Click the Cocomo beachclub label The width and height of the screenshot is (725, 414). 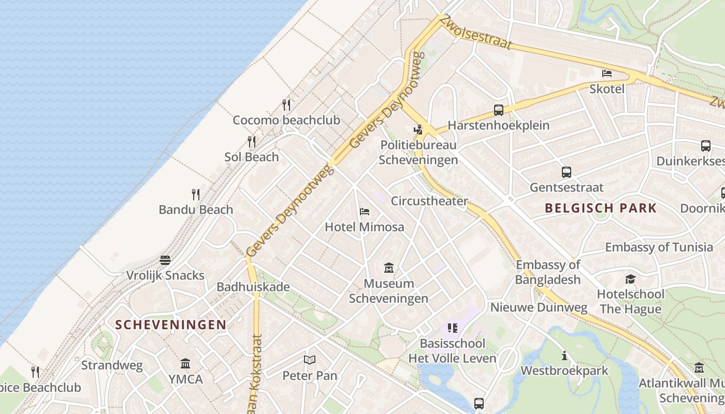click(x=286, y=120)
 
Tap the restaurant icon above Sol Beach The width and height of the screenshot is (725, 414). click(x=252, y=142)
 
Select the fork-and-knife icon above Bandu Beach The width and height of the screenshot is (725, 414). click(x=196, y=195)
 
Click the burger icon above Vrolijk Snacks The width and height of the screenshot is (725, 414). click(x=165, y=260)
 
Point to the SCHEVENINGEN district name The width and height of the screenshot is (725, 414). click(x=171, y=325)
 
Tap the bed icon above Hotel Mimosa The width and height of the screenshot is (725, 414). click(x=365, y=212)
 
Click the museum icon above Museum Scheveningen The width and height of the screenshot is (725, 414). click(x=389, y=268)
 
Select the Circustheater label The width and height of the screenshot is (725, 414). click(x=429, y=201)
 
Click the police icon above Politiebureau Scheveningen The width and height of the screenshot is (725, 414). click(x=418, y=129)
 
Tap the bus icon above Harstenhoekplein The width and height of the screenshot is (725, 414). click(x=499, y=110)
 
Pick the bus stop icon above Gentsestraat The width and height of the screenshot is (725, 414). click(x=567, y=172)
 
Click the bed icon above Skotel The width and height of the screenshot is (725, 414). click(x=607, y=73)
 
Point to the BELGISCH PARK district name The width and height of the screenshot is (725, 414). click(x=601, y=208)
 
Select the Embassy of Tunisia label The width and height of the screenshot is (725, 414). click(x=659, y=247)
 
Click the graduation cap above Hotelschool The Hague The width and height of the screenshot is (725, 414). click(x=630, y=279)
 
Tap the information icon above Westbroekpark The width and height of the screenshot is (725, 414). click(x=564, y=356)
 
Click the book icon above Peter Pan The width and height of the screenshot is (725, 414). click(x=310, y=360)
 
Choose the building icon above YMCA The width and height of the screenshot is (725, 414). click(x=185, y=363)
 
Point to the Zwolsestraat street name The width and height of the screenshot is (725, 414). click(x=476, y=32)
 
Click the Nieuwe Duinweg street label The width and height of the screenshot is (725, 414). click(x=539, y=307)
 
